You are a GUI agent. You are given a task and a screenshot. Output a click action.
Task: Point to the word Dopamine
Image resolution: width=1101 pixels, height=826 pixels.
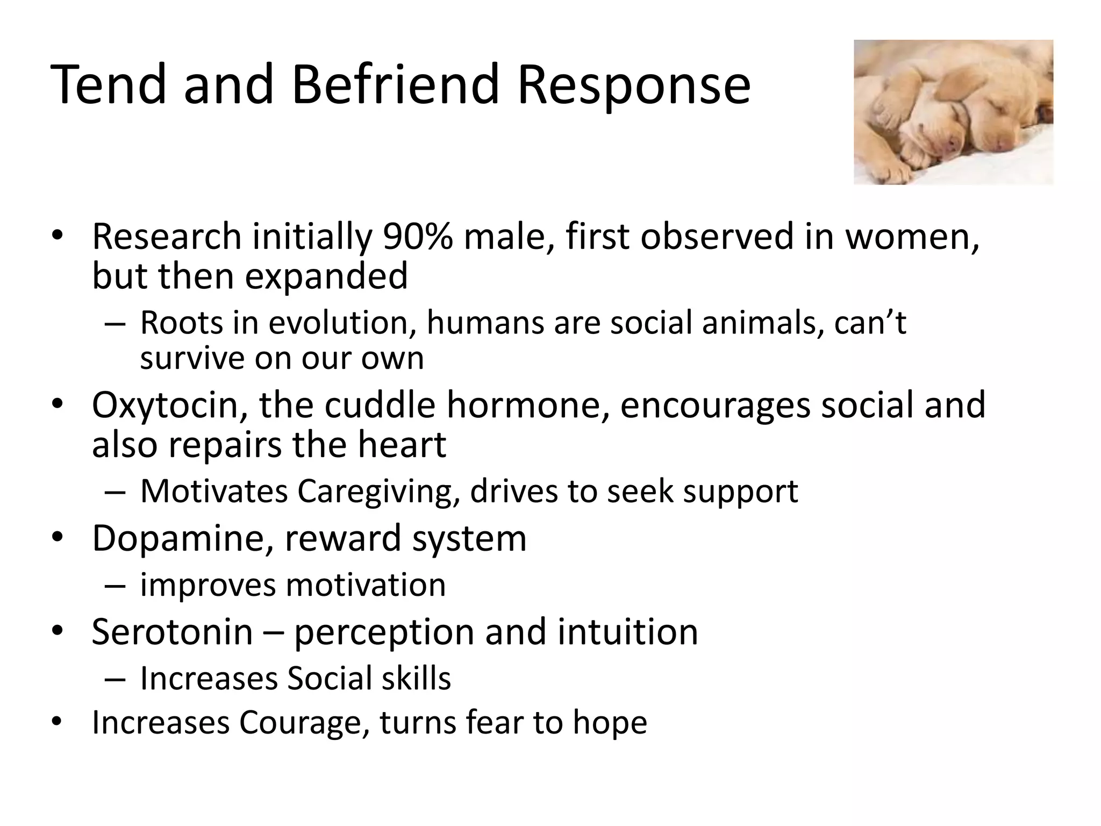pos(182,538)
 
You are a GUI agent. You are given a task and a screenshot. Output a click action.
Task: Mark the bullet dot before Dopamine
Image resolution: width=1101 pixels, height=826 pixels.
pos(58,538)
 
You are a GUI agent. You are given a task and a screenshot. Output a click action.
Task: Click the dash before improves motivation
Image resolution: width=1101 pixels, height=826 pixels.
pos(116,585)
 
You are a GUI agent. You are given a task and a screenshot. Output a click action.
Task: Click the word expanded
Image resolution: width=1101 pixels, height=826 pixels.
pos(326,276)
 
